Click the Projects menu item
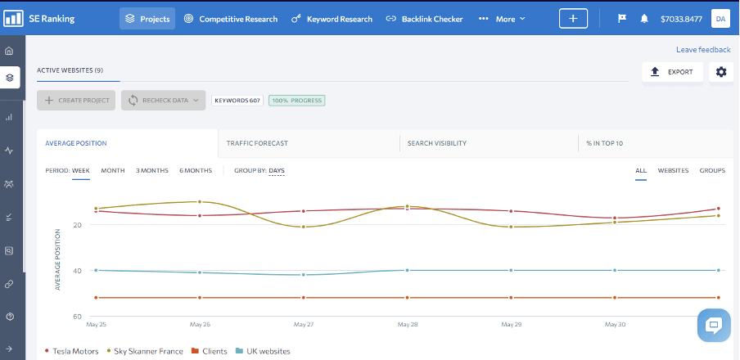147,19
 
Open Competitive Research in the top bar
230,19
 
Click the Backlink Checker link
424,19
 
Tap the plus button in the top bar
573,19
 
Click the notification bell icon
644,19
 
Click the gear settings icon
720,72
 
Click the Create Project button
76,101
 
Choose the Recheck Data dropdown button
164,101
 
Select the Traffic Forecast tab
257,143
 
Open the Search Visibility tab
437,143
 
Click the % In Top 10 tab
604,143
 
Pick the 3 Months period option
151,170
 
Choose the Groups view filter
712,170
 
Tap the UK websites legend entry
262,351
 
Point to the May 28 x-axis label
407,324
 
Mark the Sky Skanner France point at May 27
304,227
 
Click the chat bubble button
713,325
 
